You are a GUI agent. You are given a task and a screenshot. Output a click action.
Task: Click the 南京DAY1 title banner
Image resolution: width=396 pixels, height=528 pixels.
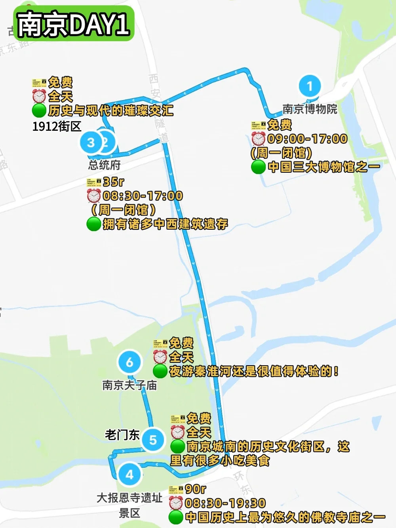click(74, 24)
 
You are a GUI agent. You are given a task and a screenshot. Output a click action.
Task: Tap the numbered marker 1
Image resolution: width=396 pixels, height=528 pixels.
click(310, 86)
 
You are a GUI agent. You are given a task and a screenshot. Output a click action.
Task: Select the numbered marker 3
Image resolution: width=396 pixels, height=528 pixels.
click(91, 142)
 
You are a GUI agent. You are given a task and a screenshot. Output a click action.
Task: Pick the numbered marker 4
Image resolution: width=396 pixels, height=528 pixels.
click(129, 474)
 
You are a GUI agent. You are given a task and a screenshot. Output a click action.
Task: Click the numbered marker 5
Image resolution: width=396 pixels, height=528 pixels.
click(153, 440)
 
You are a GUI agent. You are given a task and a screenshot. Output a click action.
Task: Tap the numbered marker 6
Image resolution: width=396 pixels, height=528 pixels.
click(129, 362)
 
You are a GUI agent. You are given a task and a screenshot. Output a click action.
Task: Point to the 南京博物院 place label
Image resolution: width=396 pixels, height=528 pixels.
click(310, 109)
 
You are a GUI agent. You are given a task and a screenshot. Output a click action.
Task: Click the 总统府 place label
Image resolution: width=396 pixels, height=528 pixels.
click(104, 164)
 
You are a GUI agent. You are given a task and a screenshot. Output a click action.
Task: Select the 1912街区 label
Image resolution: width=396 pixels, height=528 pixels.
click(57, 126)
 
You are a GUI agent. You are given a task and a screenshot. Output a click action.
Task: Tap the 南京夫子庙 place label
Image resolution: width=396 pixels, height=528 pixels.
click(129, 385)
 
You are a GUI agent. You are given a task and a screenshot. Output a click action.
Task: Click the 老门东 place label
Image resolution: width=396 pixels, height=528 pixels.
click(122, 435)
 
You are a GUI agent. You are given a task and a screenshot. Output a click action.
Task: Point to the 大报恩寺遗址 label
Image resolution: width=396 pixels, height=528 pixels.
click(129, 498)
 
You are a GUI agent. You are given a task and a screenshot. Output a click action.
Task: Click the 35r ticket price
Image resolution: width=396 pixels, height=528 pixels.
click(113, 182)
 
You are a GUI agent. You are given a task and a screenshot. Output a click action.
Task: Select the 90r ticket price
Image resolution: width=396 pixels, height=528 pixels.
click(195, 489)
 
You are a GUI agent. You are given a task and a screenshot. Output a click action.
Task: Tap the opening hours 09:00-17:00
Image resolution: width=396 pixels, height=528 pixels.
click(307, 139)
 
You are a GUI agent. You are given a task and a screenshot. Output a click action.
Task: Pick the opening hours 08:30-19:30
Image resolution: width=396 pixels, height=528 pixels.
click(225, 503)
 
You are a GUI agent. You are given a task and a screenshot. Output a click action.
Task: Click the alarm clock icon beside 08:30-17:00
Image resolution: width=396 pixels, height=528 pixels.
click(94, 196)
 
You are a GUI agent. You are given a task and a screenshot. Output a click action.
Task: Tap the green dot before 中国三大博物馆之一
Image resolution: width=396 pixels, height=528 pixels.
click(258, 167)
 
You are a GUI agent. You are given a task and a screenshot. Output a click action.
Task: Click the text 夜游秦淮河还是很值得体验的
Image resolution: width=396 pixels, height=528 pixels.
click(253, 371)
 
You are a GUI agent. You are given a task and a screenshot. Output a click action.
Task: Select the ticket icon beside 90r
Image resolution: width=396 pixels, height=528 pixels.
click(175, 490)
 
